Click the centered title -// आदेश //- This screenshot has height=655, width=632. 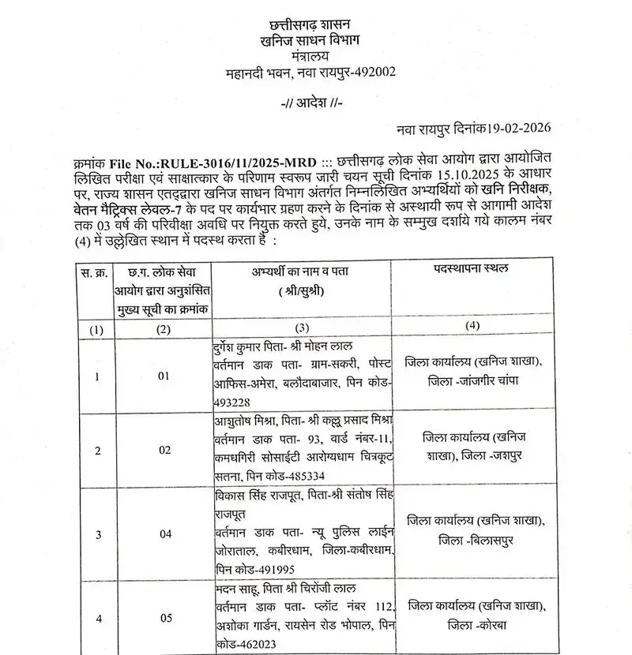[312, 105]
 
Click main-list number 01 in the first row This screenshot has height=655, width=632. [164, 377]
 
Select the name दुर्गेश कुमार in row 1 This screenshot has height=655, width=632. [248, 349]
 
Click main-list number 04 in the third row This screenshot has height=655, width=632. [164, 533]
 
